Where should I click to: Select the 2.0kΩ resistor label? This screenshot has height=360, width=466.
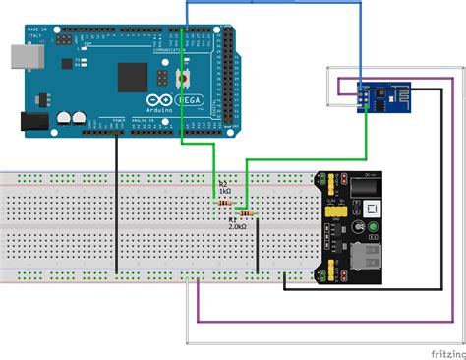(x=237, y=225)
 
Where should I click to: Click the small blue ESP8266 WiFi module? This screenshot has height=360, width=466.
(x=377, y=94)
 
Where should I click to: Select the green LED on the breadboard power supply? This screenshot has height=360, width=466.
(x=374, y=232)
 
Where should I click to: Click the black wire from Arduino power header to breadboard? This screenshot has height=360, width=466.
(x=115, y=207)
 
